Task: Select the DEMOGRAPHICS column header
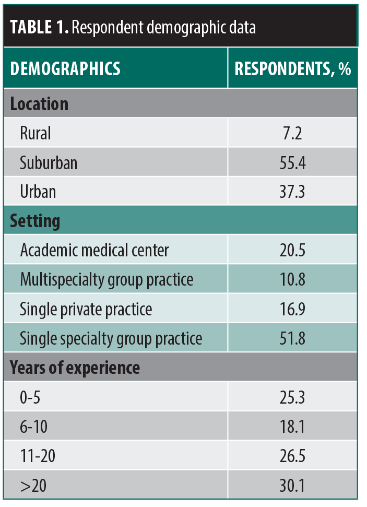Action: pos(65,69)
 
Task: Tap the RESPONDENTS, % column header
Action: pos(292,69)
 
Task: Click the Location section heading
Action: pos(39,103)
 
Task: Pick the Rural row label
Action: pos(35,133)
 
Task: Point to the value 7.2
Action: pos(292,133)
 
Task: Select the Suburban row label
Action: pos(49,162)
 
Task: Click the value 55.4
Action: pos(292,162)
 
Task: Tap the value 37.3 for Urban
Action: pos(292,192)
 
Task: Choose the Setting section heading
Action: pos(35,221)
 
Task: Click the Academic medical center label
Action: pos(94,250)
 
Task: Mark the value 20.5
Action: pos(292,250)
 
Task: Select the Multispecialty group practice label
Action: pos(106,279)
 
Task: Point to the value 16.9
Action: pos(292,309)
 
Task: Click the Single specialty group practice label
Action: pos(111,338)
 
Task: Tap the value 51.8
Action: pos(292,338)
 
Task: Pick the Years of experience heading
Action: pos(75,368)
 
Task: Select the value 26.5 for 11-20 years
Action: pos(292,456)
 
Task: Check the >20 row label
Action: pos(32,486)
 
